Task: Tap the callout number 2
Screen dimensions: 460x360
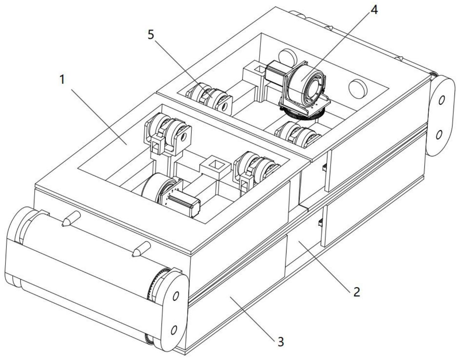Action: coord(357,292)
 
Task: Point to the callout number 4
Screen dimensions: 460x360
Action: coord(374,10)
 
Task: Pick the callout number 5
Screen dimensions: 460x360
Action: coord(151,35)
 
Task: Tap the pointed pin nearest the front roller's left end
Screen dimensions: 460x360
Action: coord(71,219)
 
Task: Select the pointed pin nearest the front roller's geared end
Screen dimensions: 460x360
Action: coord(141,249)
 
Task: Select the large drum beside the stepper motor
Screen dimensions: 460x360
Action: coord(158,187)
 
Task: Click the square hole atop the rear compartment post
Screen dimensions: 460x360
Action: coord(259,69)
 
